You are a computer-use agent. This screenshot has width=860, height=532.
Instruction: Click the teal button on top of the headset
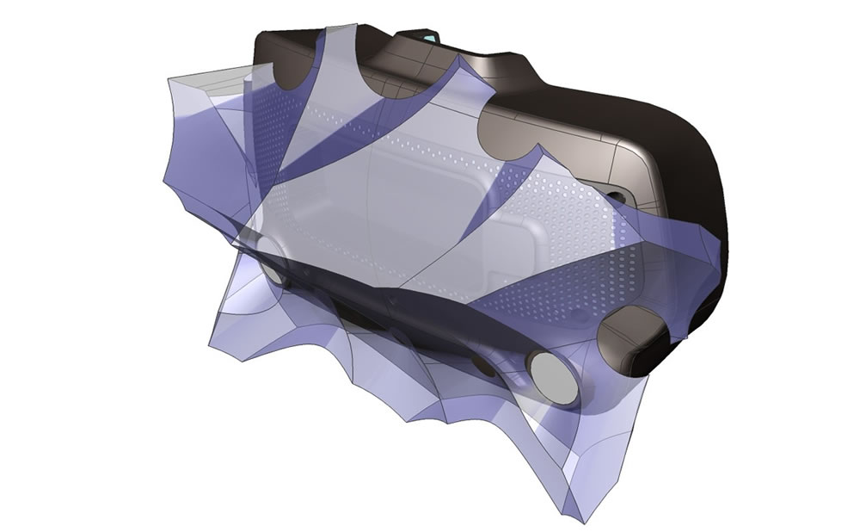point(428,36)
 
